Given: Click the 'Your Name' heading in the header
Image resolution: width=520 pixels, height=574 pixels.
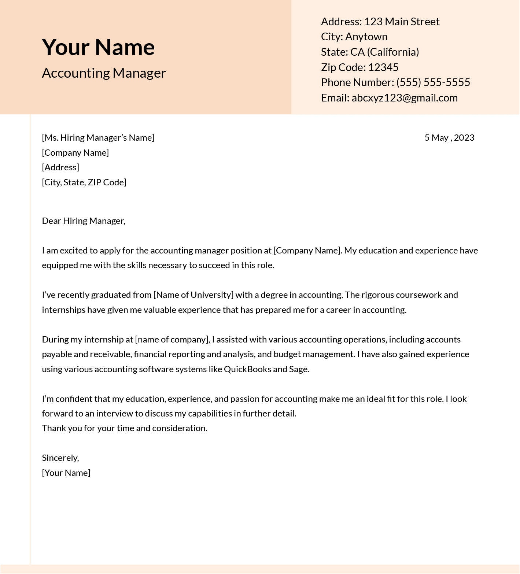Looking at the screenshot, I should click(x=98, y=47).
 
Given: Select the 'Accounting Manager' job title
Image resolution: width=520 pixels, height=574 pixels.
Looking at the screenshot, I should click(x=104, y=73).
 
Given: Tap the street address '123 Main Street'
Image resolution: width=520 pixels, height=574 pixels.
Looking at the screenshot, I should click(x=402, y=22).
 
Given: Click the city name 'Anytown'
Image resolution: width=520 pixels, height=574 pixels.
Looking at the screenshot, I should click(x=366, y=37).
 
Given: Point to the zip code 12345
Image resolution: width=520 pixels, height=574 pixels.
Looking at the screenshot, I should click(x=383, y=67).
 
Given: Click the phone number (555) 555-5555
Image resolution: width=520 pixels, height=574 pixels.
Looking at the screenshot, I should click(x=433, y=82).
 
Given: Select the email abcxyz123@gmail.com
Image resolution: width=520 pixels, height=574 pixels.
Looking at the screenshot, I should click(x=404, y=98).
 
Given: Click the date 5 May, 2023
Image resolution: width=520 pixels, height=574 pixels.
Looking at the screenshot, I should click(x=449, y=138).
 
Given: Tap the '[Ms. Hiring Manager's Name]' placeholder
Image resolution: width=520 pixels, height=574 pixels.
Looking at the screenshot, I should click(x=98, y=138).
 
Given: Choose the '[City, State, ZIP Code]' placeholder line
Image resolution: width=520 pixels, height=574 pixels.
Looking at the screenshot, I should click(x=84, y=182).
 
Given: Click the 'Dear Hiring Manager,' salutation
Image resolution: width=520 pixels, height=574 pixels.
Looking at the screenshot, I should click(x=84, y=221).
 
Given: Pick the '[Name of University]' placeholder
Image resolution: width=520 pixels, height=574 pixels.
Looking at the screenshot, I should click(x=193, y=295).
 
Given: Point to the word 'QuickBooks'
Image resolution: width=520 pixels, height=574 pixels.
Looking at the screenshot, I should click(x=247, y=369).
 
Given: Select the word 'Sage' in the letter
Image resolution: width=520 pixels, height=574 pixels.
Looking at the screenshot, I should click(x=299, y=369).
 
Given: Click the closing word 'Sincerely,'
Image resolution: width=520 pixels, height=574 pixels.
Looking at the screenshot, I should click(x=60, y=458).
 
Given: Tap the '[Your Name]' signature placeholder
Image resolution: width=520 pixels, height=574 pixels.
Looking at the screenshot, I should click(x=66, y=473).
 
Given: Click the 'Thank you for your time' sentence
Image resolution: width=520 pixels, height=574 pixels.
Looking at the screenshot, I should click(x=125, y=428).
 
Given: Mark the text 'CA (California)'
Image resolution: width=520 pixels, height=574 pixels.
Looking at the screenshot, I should click(x=384, y=52).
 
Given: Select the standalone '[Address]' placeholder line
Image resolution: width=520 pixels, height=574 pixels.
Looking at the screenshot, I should click(x=60, y=167).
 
